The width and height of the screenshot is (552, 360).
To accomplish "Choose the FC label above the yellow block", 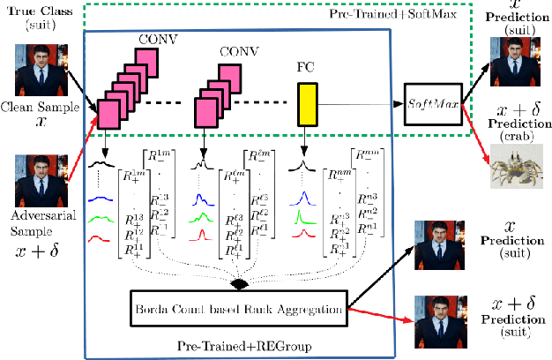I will tap(307, 65).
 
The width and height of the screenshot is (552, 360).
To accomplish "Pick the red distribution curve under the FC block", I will tap(305, 234).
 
